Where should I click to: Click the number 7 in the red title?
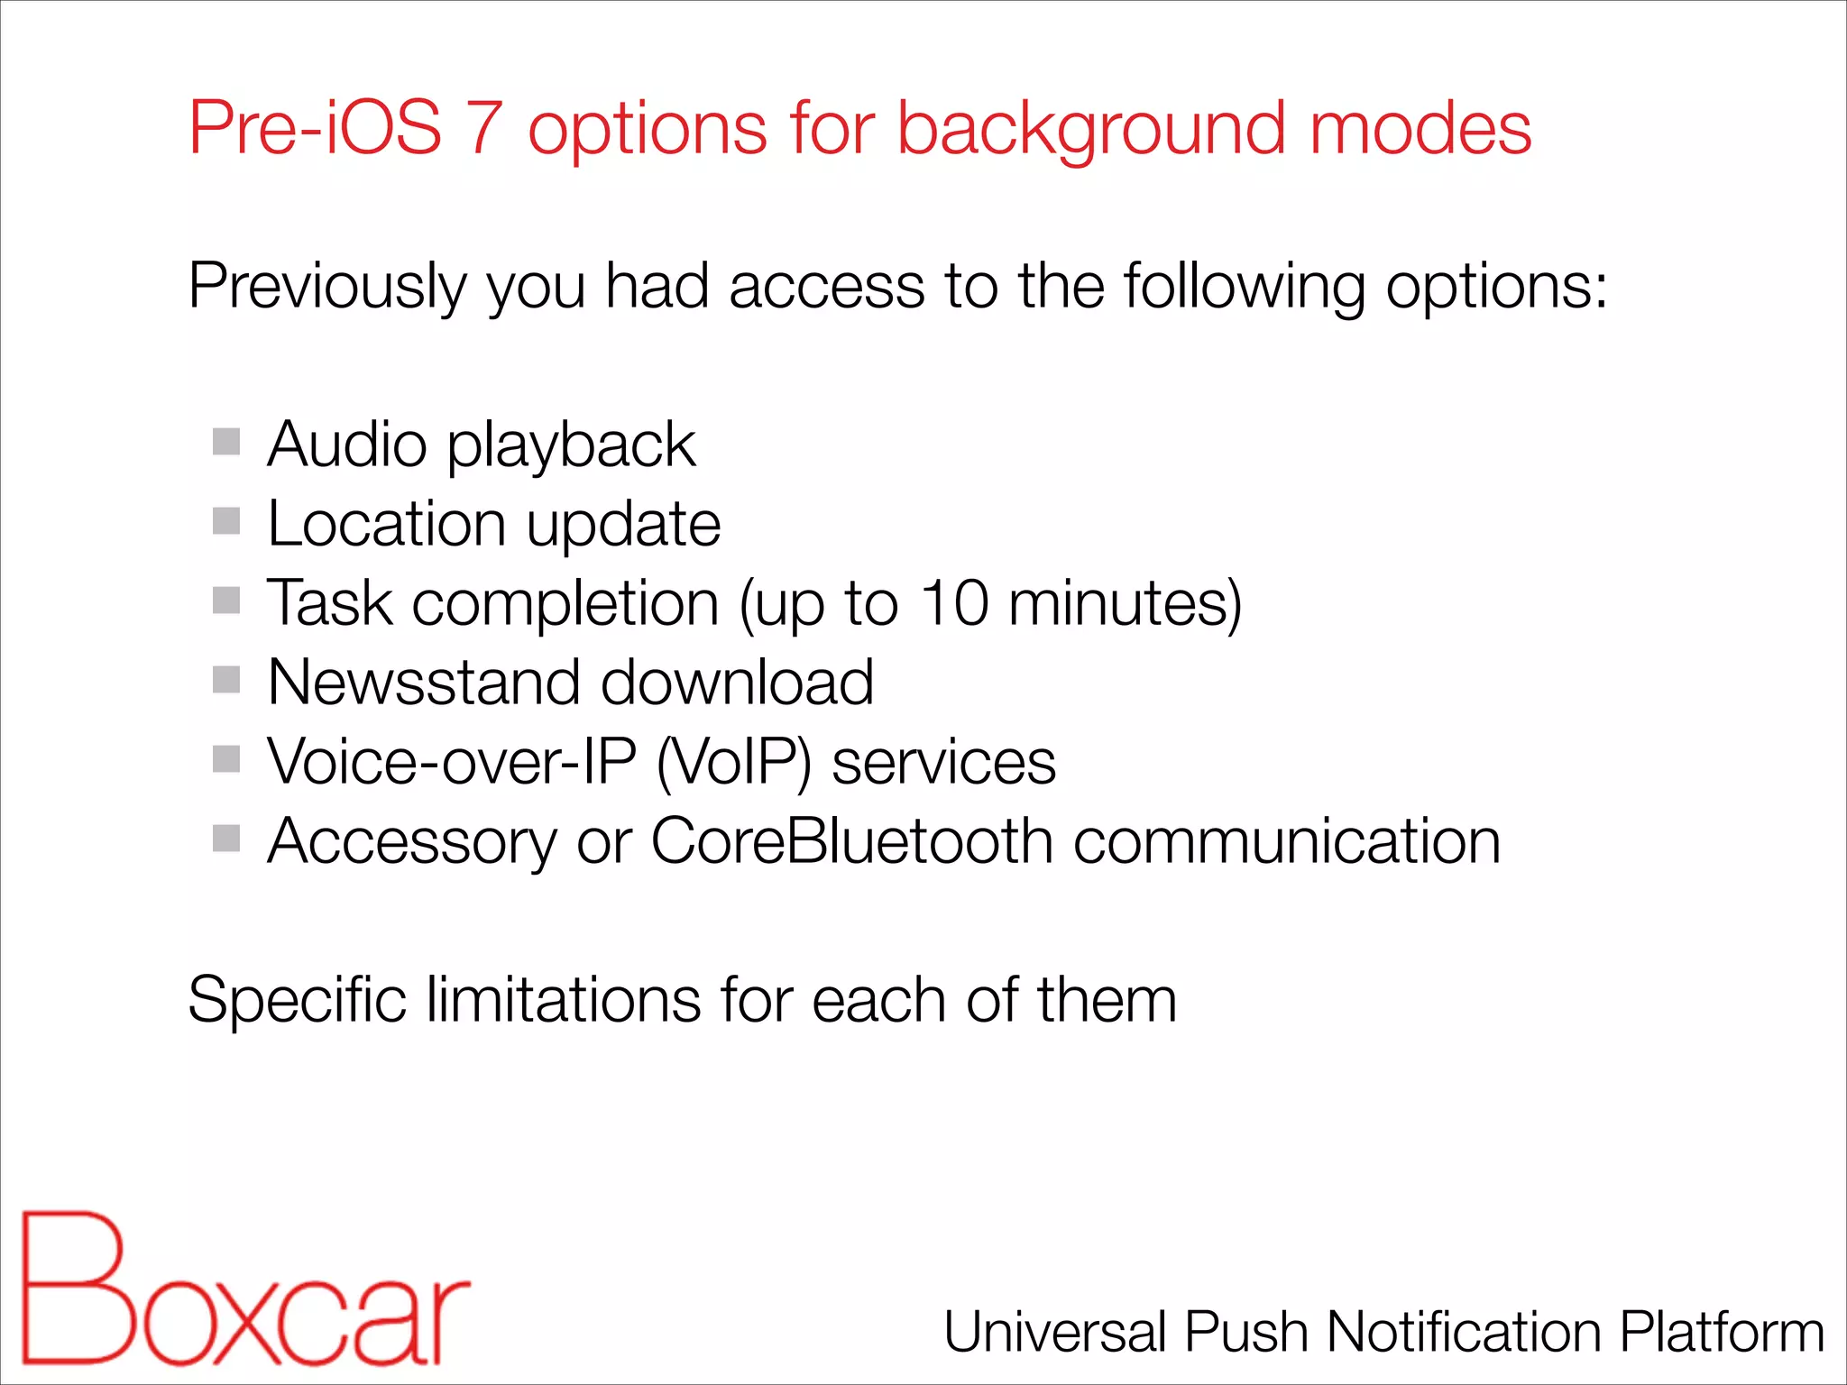tap(484, 128)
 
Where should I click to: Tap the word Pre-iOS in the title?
tap(315, 128)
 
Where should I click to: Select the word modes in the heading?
tap(1420, 128)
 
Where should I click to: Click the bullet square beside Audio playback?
tap(226, 442)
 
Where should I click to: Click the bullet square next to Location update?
tap(226, 520)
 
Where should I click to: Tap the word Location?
tap(386, 524)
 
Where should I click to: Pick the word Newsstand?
tap(423, 682)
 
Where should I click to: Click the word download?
tap(737, 682)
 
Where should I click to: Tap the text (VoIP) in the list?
tap(733, 762)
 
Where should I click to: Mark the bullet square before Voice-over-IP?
tap(226, 759)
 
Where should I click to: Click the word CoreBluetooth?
tap(851, 841)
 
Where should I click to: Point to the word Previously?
tap(327, 287)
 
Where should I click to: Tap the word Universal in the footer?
tap(1054, 1332)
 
